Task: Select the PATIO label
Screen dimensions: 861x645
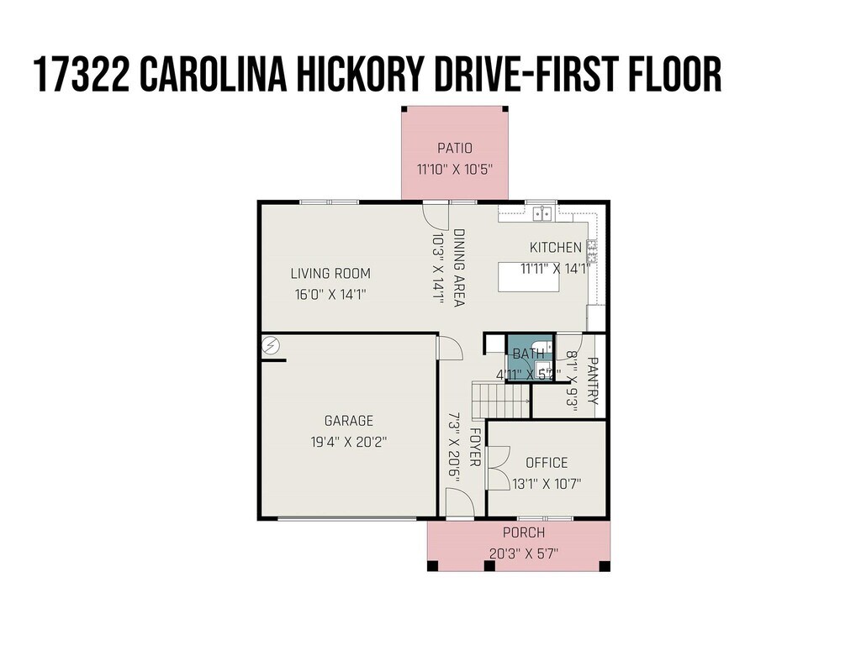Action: point(455,148)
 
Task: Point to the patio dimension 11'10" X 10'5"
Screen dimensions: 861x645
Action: point(455,169)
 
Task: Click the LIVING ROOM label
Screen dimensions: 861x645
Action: point(330,273)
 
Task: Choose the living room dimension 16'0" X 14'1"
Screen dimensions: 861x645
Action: point(330,295)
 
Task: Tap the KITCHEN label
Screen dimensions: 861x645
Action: point(555,248)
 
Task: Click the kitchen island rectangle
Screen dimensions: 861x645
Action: point(529,277)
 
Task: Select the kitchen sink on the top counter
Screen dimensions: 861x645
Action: point(542,212)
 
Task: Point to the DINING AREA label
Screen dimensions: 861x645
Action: point(459,268)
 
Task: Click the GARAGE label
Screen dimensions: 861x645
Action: point(349,421)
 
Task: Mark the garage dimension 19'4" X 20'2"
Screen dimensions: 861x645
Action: point(349,442)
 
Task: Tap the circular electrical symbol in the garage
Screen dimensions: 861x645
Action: point(271,345)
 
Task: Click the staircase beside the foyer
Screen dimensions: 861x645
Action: point(500,401)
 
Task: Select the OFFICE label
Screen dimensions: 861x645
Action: point(547,463)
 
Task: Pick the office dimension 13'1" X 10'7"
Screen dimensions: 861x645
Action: point(547,484)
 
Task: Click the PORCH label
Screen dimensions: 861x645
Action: point(524,532)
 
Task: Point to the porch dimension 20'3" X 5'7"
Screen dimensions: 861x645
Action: point(524,553)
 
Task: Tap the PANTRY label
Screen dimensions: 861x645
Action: point(593,380)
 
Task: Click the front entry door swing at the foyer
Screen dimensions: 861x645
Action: point(460,504)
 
